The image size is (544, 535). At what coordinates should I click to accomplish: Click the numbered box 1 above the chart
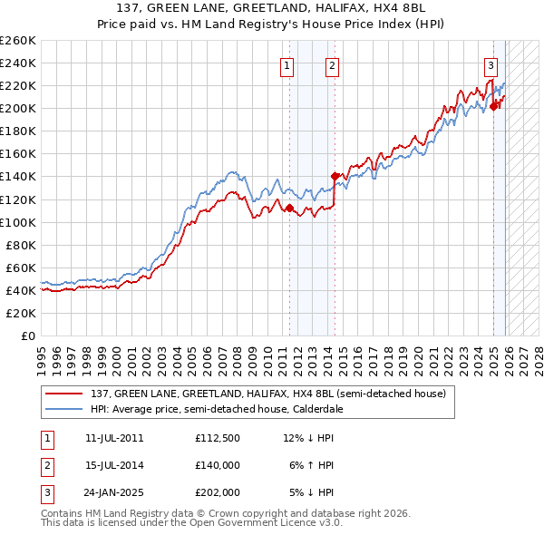287,64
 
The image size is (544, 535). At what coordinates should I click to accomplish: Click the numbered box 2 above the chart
333,64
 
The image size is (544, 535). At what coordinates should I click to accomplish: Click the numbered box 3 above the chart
491,64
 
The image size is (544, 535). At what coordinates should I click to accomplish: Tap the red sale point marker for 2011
289,208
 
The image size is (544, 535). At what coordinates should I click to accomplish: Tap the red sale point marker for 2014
335,176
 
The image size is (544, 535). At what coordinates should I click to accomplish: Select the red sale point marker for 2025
494,106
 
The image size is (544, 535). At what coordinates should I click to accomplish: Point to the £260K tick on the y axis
18,41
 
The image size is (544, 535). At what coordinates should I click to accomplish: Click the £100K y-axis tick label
18,222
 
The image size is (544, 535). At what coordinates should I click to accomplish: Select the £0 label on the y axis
27,336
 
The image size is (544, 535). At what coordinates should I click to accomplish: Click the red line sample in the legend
64,394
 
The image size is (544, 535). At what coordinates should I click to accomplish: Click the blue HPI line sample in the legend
64,409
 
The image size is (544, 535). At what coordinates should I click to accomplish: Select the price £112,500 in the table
217,438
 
